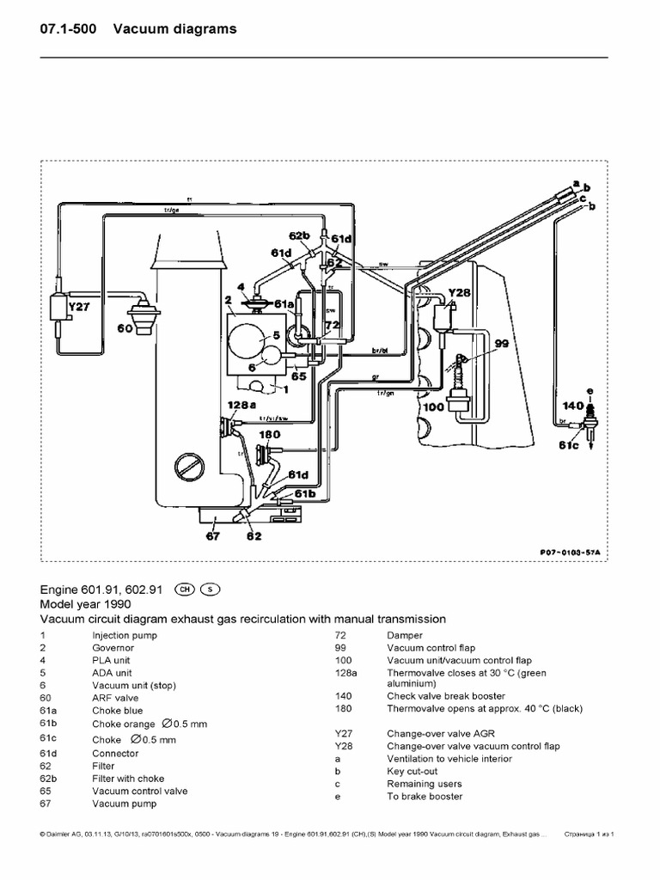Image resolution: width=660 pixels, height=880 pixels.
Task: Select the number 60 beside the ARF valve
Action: (x=124, y=327)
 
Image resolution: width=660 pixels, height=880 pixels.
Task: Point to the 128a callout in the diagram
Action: (x=241, y=403)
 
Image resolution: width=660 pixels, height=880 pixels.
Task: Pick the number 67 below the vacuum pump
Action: (x=213, y=537)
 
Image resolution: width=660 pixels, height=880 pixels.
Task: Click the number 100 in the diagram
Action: (x=435, y=408)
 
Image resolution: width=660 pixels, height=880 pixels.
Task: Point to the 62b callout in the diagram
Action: (x=298, y=235)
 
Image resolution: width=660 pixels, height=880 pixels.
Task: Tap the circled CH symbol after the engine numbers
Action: (x=184, y=590)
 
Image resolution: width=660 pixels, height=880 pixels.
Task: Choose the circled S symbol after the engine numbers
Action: (x=211, y=590)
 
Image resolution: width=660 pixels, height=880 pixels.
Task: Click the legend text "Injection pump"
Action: (x=125, y=636)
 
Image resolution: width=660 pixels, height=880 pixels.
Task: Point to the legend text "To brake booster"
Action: (x=425, y=797)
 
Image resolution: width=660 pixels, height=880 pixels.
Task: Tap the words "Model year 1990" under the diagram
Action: (x=81, y=603)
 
